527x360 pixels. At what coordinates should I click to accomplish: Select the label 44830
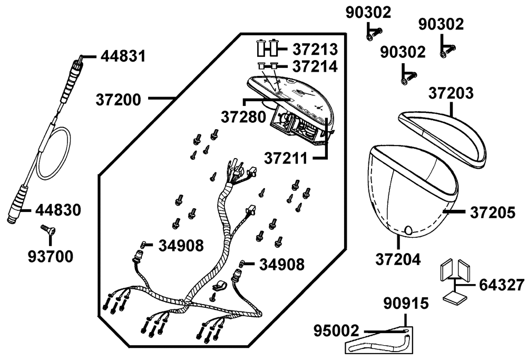(x=58, y=210)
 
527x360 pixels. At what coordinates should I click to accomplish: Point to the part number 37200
(x=119, y=99)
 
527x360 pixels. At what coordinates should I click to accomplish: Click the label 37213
(x=315, y=49)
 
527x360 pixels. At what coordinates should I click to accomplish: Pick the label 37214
(x=315, y=66)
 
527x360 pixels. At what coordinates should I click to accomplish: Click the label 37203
(x=451, y=94)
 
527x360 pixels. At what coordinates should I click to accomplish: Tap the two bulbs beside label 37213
(x=267, y=48)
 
